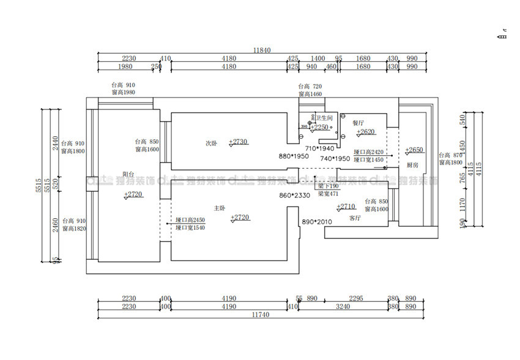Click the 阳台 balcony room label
(x=128, y=174)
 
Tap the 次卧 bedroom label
(x=211, y=143)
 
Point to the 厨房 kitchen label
(x=413, y=165)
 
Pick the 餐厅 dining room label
(x=358, y=122)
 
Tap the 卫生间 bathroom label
(x=324, y=117)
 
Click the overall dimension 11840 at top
(x=261, y=50)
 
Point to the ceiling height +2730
(x=239, y=142)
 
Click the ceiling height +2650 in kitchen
(x=414, y=150)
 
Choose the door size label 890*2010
(x=317, y=222)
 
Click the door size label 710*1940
(x=319, y=149)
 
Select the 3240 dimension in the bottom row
(x=343, y=306)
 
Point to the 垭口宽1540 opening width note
(x=190, y=227)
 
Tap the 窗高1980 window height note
(x=123, y=92)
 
